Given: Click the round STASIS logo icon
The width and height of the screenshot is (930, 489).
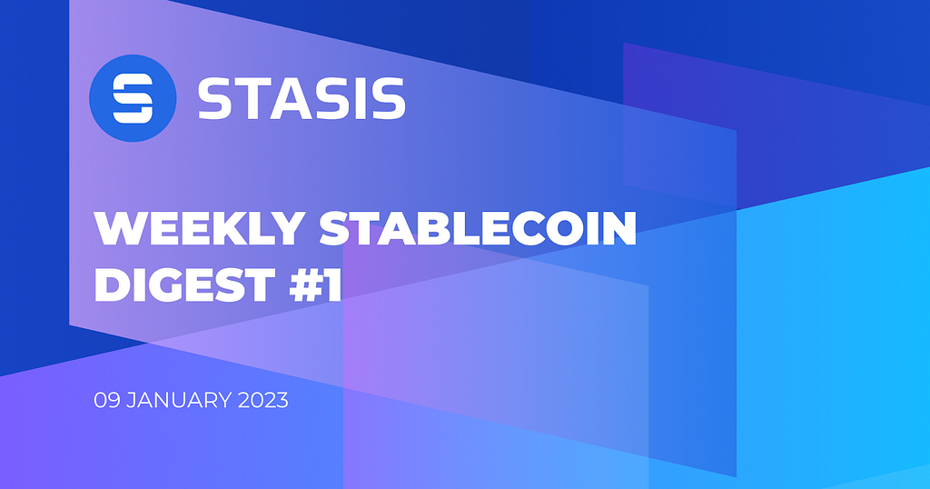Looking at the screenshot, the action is point(133,98).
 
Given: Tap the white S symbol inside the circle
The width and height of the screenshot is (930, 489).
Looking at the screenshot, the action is point(133,98).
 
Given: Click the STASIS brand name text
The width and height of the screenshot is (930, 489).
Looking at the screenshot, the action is point(302,98).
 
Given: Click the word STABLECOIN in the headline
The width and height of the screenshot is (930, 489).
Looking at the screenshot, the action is point(478,228).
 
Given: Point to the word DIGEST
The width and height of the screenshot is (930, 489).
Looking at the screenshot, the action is point(185,284).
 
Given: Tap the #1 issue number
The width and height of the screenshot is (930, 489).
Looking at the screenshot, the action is point(315,284).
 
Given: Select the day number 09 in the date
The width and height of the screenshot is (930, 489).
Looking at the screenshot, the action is point(107,401).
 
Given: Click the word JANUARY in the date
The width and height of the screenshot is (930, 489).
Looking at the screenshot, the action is point(179,401).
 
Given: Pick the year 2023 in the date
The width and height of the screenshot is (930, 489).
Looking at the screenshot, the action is point(262,401).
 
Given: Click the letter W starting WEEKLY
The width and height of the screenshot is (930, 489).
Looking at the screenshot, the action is point(119,228).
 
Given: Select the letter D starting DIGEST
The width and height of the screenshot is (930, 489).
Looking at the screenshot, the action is point(111,284).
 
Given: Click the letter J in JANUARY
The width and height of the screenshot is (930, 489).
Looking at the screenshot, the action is point(131,401).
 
